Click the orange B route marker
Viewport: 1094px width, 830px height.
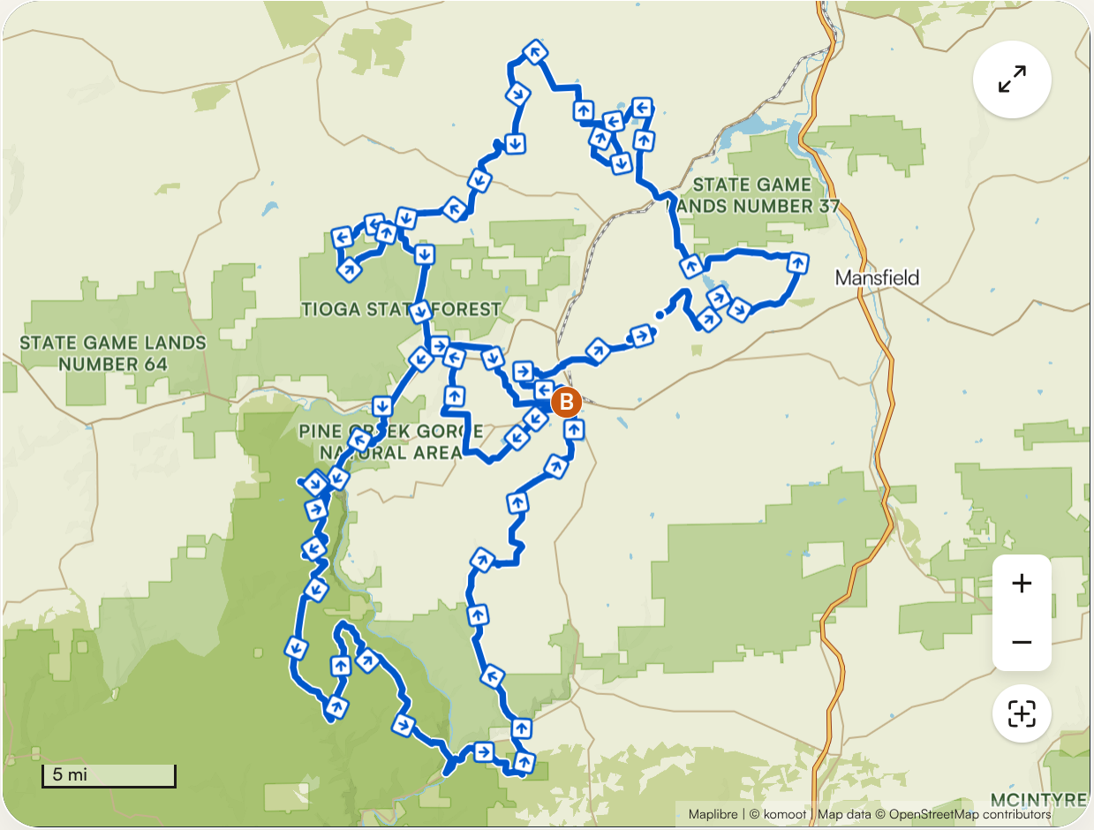[x=565, y=402]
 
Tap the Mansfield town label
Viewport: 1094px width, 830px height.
[x=877, y=278]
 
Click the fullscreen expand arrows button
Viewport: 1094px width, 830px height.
[x=1012, y=79]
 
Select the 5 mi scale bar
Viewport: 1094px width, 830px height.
[x=109, y=776]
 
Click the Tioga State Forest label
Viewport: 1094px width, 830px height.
[x=401, y=310]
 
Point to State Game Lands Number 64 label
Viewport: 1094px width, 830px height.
[x=113, y=353]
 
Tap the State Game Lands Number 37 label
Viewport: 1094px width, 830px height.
[x=752, y=195]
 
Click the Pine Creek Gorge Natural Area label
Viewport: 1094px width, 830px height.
[x=390, y=441]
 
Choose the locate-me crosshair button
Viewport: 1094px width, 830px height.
[x=1022, y=713]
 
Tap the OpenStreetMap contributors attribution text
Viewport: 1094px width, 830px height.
[x=970, y=814]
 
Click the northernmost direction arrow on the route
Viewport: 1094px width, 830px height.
[x=534, y=51]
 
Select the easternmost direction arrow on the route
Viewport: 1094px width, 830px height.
[x=798, y=262]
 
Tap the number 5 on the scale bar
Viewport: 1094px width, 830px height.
[x=57, y=775]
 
